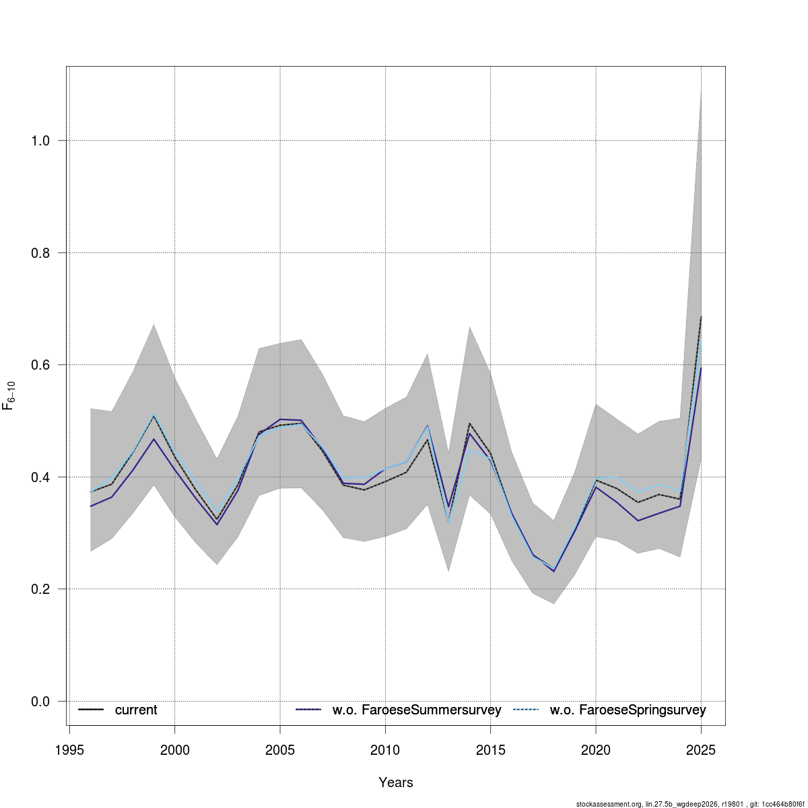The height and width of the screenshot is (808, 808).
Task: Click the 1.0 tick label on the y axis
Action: coord(41,141)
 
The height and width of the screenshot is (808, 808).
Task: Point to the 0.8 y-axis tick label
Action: coord(41,253)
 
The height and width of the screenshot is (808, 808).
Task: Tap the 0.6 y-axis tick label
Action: coord(41,365)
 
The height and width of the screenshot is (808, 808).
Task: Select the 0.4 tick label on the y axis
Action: coord(41,477)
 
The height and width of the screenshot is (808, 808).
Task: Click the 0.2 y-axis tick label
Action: coord(41,589)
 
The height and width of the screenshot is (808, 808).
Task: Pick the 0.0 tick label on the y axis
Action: coord(41,702)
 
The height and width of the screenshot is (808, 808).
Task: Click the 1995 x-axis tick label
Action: coord(69,751)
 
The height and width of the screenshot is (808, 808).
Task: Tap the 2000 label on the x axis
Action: coord(175,751)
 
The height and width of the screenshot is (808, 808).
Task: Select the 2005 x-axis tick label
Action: coord(280,751)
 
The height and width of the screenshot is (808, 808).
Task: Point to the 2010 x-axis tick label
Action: coord(385,751)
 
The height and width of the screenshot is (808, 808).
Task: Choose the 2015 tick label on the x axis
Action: coord(490,751)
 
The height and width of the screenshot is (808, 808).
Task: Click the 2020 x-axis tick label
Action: coord(596,751)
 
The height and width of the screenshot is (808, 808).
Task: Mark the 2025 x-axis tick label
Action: coord(701,751)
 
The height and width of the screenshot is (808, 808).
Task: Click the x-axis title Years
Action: coord(396,782)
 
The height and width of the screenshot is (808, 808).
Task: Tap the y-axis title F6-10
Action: coord(9,395)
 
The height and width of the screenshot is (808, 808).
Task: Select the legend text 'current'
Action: coord(136,710)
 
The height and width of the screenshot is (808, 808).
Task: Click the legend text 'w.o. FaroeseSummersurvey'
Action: coord(417,710)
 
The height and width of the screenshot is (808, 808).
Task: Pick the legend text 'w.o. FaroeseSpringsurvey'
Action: coord(628,710)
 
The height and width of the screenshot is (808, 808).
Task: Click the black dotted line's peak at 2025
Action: coord(701,316)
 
